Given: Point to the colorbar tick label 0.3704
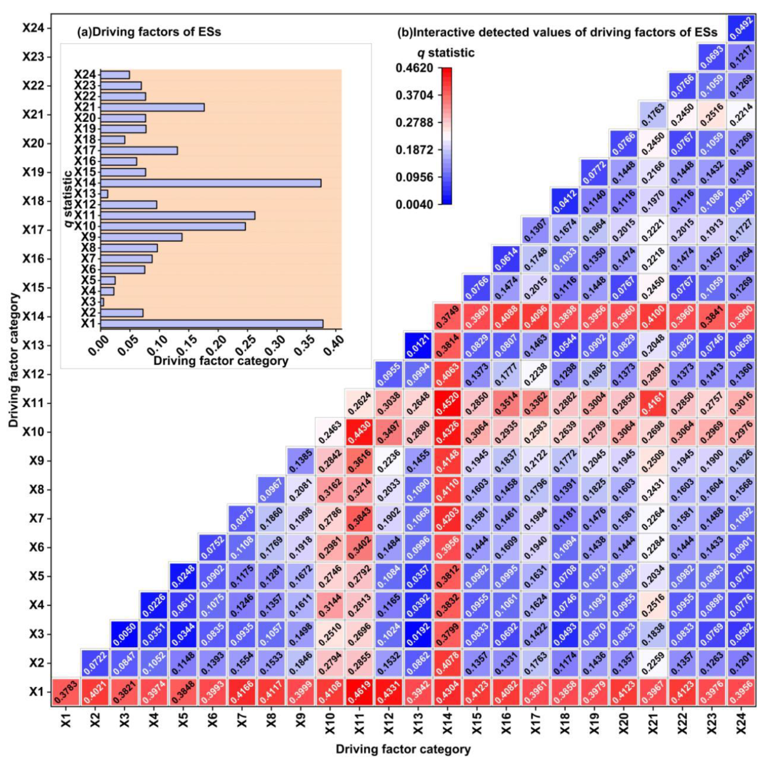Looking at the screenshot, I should point(414,95).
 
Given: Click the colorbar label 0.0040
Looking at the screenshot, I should point(414,204).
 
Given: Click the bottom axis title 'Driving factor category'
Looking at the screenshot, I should point(403,749).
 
